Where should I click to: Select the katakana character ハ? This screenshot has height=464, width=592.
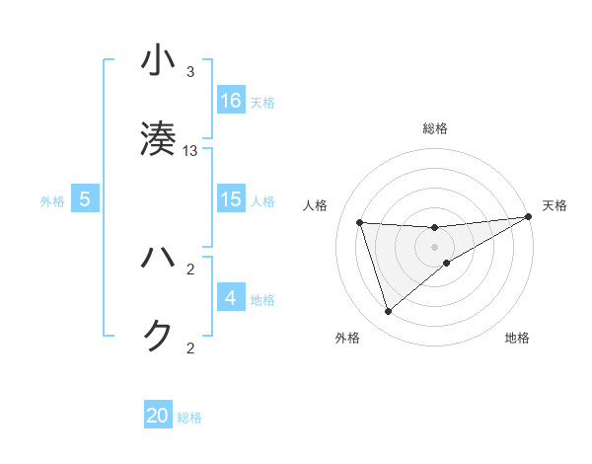[x=158, y=258]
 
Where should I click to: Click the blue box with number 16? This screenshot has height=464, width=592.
[x=231, y=101]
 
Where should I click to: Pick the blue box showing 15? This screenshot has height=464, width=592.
[x=231, y=199]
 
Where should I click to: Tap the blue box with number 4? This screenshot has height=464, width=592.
[x=231, y=298]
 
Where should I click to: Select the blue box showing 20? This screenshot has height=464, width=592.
[x=158, y=417]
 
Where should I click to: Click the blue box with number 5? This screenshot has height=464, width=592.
[x=85, y=199]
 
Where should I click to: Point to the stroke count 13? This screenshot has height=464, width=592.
[x=191, y=150]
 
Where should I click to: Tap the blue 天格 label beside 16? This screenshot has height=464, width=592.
[x=262, y=102]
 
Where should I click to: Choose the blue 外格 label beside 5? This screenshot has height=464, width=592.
[x=52, y=200]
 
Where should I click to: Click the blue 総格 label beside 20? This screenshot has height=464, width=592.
[x=189, y=418]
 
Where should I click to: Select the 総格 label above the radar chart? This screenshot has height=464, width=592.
[x=435, y=128]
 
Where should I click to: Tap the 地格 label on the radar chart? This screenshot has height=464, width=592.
[x=517, y=339]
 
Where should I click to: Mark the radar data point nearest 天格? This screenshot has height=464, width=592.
[x=528, y=216]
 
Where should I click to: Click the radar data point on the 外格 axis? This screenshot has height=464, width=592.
[x=388, y=312]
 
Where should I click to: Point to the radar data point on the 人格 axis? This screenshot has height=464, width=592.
[x=360, y=222]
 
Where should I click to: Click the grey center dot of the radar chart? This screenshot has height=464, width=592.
[x=435, y=247]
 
